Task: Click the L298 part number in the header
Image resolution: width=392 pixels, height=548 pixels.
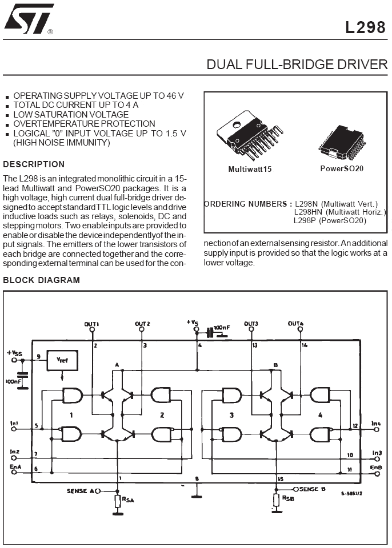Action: pos(365,27)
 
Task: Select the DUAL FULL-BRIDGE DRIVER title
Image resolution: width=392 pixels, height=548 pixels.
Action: pos(297,65)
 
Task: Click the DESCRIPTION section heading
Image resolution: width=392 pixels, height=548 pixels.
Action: pos(34,164)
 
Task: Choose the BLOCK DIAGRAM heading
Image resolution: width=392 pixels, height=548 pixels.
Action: pos(42,280)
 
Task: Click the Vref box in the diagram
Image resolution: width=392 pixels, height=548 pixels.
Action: pos(62,360)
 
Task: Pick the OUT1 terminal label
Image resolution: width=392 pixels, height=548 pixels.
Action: pos(91,324)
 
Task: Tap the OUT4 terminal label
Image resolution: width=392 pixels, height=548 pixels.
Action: pos(296,324)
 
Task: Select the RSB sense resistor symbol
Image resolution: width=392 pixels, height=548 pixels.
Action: pos(277,500)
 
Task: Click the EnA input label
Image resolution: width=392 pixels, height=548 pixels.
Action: pos(16,466)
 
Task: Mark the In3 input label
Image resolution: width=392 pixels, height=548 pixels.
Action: pos(377,453)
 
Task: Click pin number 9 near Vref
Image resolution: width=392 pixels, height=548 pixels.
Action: pos(38,356)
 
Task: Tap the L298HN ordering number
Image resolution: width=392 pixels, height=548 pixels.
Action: pos(308,212)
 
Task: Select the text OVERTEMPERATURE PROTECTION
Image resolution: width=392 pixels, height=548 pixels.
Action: pos(84,124)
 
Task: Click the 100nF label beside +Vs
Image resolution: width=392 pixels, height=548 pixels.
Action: pos(222,328)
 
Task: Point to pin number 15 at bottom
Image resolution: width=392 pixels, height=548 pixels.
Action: pos(280,479)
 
